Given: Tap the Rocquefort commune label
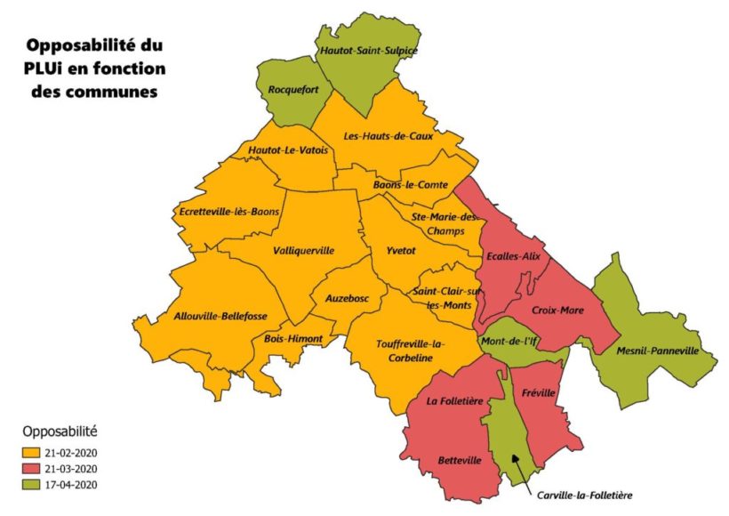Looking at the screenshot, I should coord(293,90).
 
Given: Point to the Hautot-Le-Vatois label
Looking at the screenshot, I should coord(288,151).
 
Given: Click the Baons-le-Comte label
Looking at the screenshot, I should coord(408,185).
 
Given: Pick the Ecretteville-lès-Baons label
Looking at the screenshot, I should coord(229,212).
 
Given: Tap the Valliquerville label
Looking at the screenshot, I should coord(304,251).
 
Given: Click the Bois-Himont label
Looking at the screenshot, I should coord(293,339).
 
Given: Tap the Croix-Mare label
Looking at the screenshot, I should coord(557,310).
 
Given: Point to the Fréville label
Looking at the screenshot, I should coord(539,392).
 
